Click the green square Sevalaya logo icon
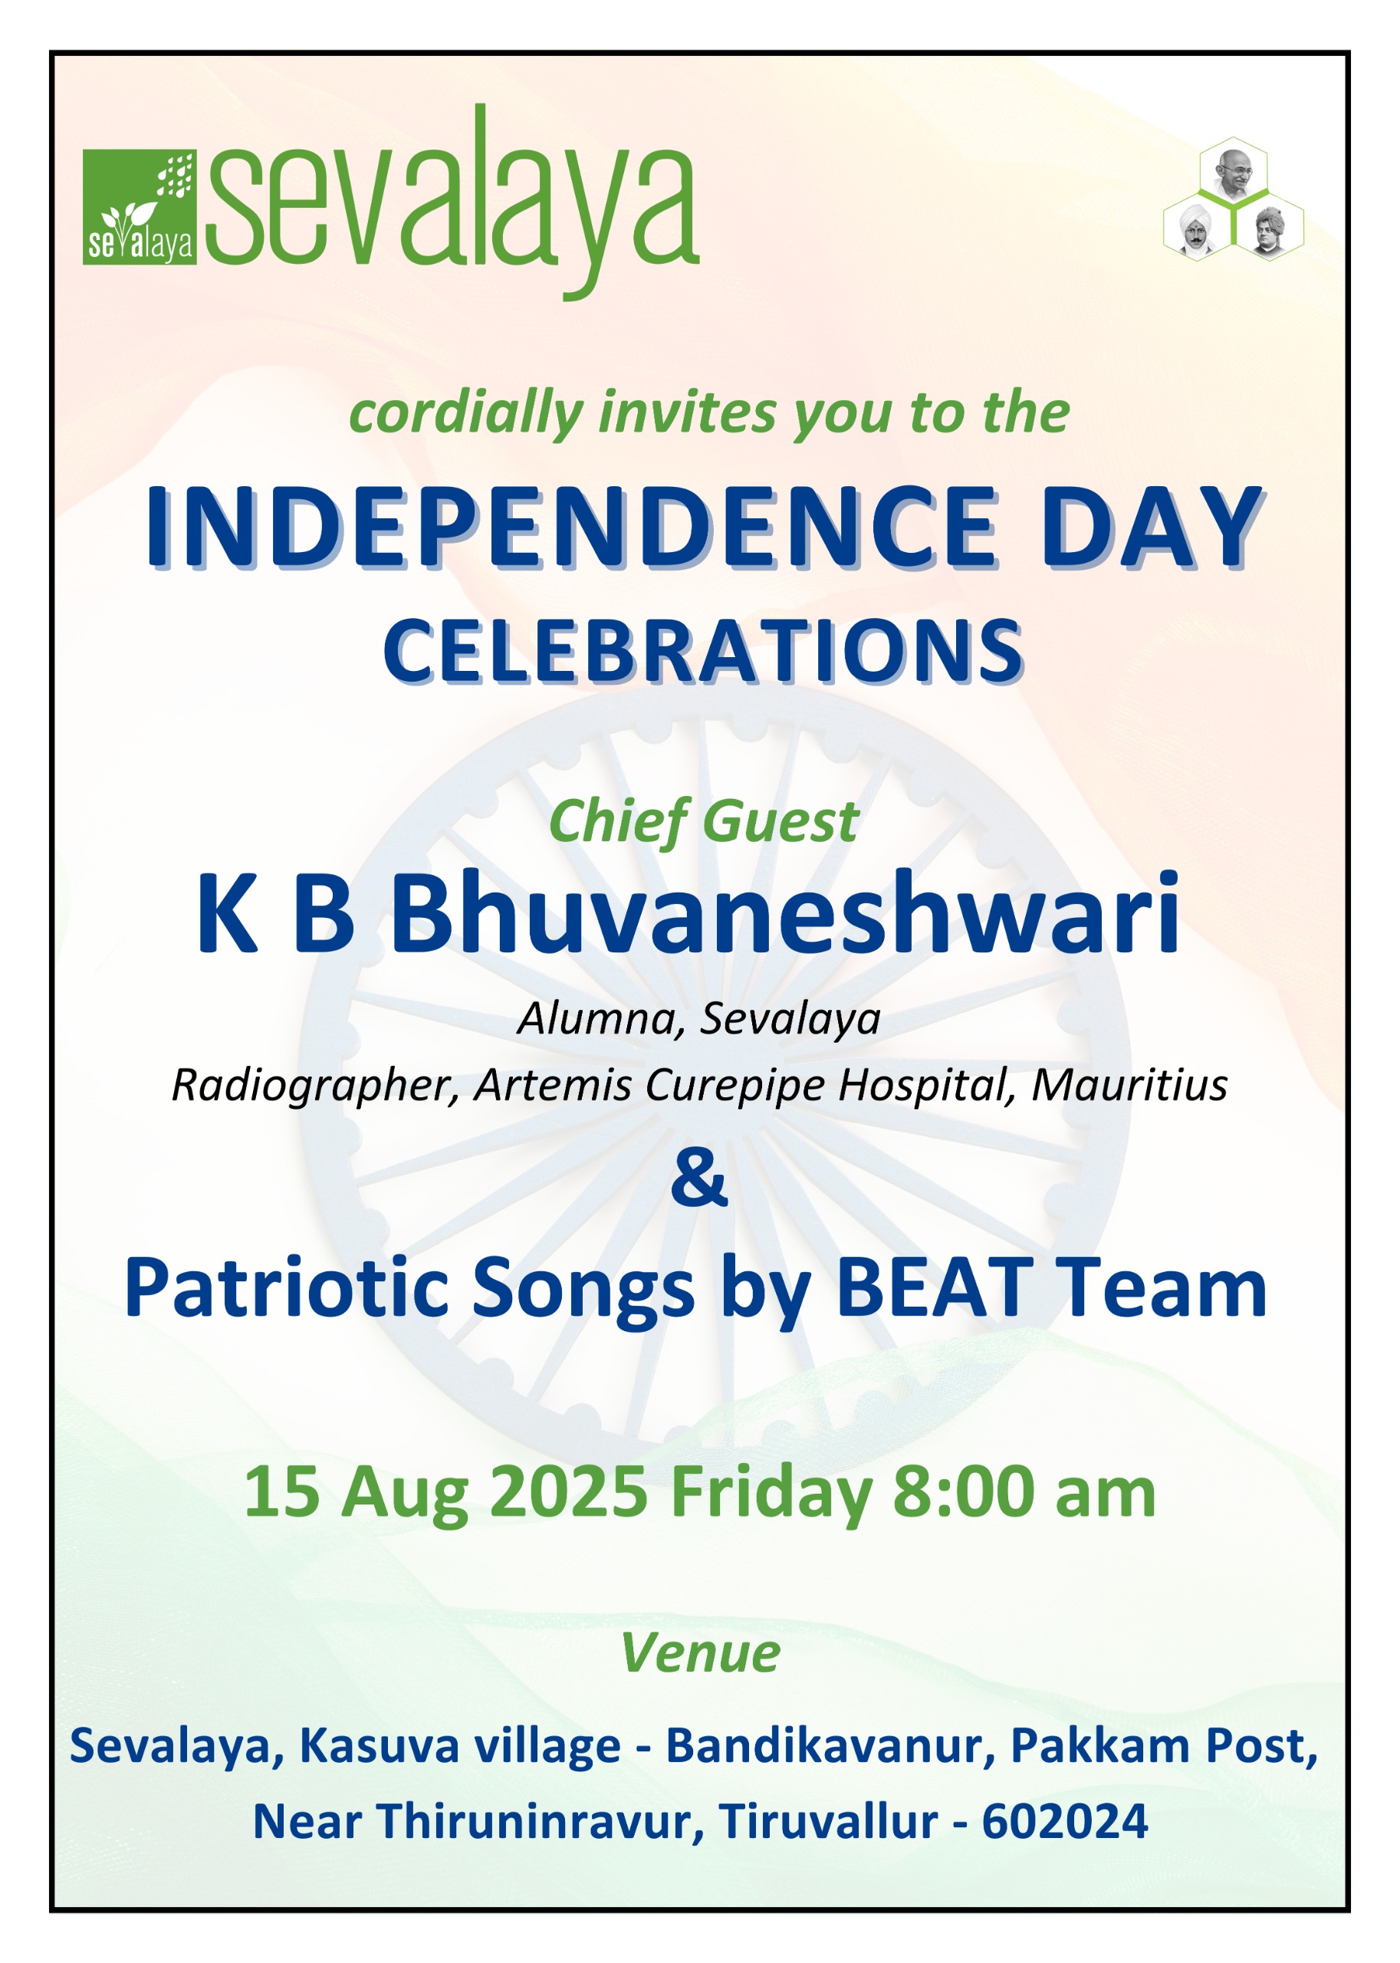(x=140, y=207)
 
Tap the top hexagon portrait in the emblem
(x=1234, y=169)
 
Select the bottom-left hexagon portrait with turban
(x=1198, y=228)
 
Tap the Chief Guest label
(x=702, y=821)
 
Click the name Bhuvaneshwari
(x=785, y=914)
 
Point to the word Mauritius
(x=1129, y=1084)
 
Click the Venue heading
(x=700, y=1653)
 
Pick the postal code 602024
(x=1065, y=1822)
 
